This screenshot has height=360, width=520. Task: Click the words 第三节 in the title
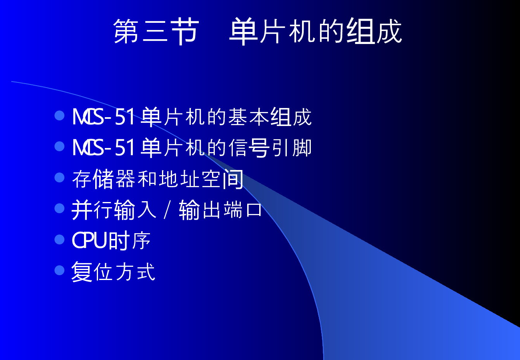click(x=156, y=31)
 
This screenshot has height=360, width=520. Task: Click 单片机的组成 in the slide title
click(x=316, y=31)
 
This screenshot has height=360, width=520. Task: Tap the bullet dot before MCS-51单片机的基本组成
click(x=60, y=115)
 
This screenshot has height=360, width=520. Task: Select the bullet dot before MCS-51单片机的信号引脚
click(x=60, y=146)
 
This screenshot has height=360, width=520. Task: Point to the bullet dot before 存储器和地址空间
click(x=60, y=177)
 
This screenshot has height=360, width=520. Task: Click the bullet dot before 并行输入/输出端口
click(x=60, y=208)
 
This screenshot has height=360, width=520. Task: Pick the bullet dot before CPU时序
click(x=60, y=239)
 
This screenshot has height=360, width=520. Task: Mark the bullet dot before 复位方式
click(x=60, y=270)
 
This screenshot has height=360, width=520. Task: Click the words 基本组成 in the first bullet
click(x=270, y=117)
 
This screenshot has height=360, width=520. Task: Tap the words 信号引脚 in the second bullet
click(x=270, y=148)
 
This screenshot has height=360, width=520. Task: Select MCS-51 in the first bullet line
click(x=104, y=117)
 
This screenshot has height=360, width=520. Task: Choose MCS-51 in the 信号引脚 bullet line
click(x=104, y=148)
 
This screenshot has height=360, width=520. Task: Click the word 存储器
click(x=104, y=179)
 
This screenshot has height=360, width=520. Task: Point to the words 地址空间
click(x=201, y=179)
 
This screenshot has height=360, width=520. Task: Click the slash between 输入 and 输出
click(x=167, y=210)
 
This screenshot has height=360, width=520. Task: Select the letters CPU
click(x=89, y=240)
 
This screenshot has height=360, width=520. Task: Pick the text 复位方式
click(x=113, y=272)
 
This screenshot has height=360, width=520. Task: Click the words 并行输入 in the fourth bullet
click(x=114, y=210)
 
